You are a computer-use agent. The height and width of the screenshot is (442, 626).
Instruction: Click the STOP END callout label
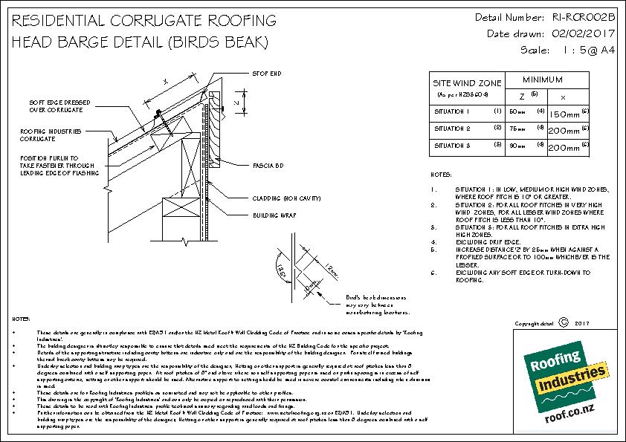[x=267, y=74]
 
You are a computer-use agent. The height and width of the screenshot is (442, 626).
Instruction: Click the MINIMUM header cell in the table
[x=542, y=79]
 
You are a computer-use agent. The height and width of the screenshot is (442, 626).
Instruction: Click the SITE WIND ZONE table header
[x=467, y=83]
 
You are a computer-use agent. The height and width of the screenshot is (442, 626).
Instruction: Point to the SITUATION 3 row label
[x=453, y=146]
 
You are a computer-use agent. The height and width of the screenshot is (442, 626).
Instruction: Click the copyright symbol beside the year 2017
[x=561, y=323]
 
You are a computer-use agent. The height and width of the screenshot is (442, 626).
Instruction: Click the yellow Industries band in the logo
[x=564, y=386]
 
